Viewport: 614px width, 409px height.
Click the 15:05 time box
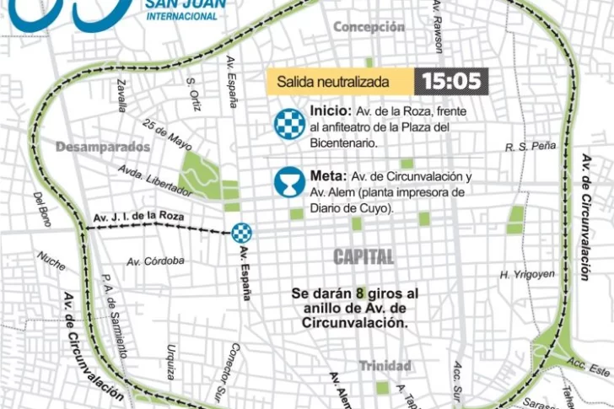451,81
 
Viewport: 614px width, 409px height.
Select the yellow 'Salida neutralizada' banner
341,82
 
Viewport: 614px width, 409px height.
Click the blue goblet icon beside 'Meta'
289,182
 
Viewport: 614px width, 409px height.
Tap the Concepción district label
369,27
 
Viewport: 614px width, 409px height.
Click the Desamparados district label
103,147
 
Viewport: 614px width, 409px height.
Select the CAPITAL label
364,256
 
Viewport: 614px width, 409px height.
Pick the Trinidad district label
385,366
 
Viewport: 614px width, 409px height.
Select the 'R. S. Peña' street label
531,147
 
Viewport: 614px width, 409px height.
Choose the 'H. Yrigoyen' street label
527,274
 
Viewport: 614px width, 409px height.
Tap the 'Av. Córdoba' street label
155,261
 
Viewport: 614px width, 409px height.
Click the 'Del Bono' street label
42,209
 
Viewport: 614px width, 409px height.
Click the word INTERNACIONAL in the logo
181,16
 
